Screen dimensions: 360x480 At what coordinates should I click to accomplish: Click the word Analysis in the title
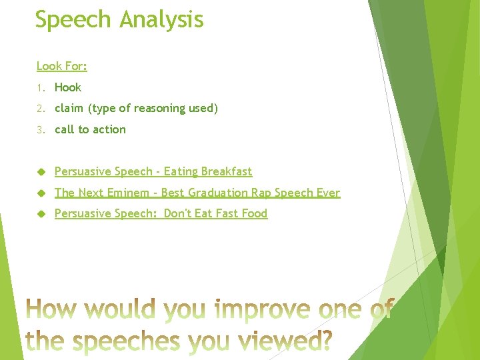(162, 20)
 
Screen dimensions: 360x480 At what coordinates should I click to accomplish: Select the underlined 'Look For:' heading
(62, 66)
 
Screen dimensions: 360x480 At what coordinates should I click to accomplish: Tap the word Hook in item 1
(68, 87)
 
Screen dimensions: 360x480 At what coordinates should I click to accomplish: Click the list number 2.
(40, 109)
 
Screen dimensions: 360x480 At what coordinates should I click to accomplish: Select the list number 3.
(40, 130)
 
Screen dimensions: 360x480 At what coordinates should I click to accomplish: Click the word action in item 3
(110, 129)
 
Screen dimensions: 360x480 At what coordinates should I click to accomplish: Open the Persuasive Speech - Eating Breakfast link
(153, 171)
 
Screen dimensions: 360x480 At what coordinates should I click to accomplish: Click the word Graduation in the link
(219, 193)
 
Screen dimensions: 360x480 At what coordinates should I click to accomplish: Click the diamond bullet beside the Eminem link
(40, 193)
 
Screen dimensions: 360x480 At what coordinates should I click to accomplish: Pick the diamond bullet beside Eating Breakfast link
(40, 171)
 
